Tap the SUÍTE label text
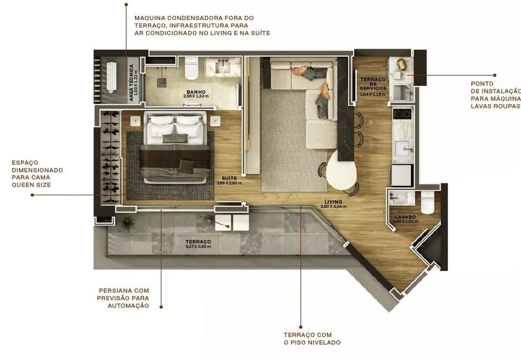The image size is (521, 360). tap(229, 178)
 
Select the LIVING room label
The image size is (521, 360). tap(333, 202)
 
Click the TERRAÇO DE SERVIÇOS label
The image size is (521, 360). tap(373, 84)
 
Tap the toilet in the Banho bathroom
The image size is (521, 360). tap(191, 67)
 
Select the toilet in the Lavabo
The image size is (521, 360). tap(428, 203)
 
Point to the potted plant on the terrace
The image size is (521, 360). tap(127, 224)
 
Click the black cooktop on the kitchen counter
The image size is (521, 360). tap(402, 114)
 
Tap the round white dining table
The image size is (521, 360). tap(342, 169)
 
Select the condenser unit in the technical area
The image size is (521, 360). tap(111, 77)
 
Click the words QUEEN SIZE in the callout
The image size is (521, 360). tap(31, 184)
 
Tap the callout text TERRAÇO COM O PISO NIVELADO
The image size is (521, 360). tap(312, 339)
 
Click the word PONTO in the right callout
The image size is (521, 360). tap(481, 83)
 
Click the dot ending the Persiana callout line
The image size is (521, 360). tap(161, 307)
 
